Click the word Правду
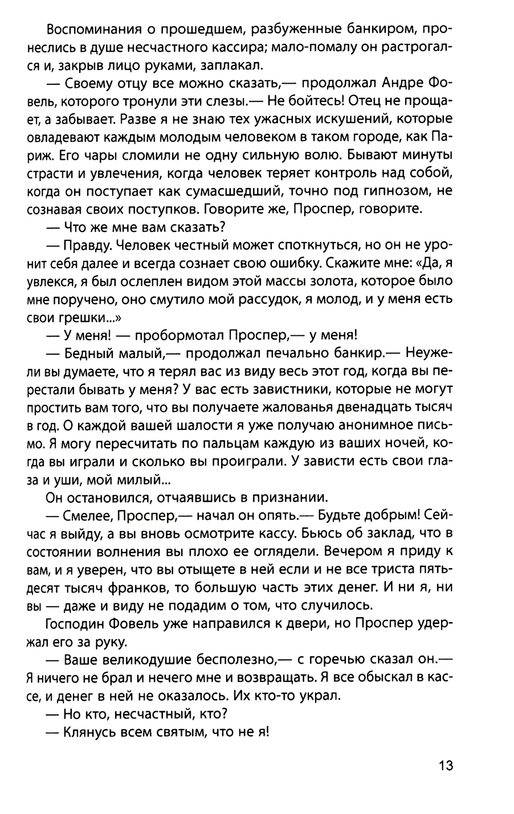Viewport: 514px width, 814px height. click(85, 245)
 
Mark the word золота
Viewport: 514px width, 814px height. click(328, 281)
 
